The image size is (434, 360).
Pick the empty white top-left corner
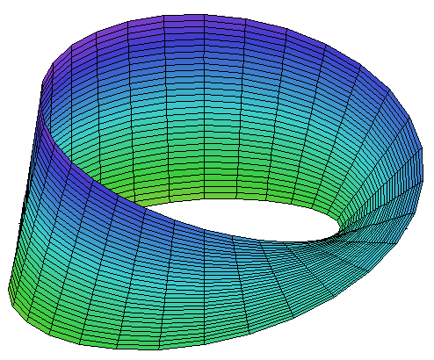tap(18, 18)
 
